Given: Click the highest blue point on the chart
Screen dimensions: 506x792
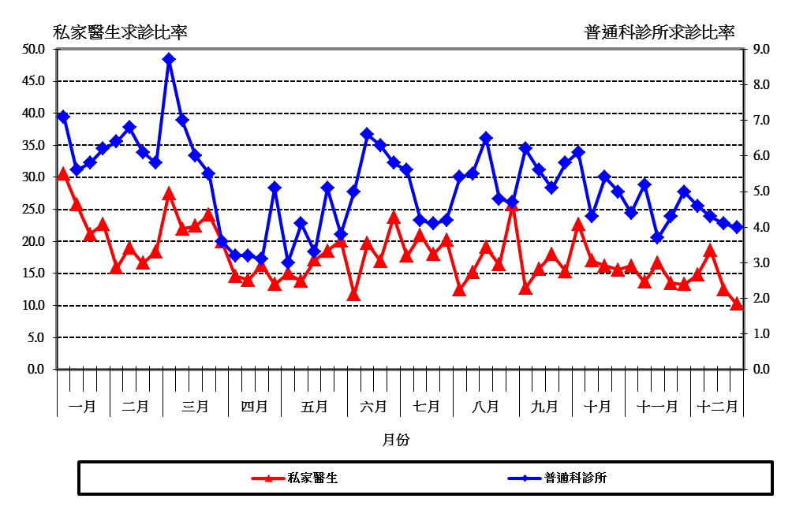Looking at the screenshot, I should coord(169,59).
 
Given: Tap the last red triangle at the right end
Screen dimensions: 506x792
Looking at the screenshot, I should coord(737,303).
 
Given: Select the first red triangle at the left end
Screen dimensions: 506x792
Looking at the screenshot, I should coord(63,174).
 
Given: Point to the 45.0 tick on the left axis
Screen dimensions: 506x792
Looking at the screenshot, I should coord(33,81).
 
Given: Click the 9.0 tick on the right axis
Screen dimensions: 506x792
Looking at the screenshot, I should coord(761,49).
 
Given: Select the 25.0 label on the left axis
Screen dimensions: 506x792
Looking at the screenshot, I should coord(33,209).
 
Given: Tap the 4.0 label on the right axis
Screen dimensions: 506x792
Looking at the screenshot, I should coord(761,227).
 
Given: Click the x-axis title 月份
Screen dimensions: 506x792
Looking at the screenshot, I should coord(396,440).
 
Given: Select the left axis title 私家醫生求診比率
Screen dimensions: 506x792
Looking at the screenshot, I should coord(120,32).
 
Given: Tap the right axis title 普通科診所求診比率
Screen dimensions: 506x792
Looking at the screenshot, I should coord(659,32).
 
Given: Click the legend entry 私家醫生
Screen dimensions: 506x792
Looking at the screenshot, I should coord(312,478).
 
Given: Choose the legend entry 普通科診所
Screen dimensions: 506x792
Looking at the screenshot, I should coord(575,478).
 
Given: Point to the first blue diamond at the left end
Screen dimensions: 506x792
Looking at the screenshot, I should coord(63,117).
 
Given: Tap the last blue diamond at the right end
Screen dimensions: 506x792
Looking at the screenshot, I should coord(737,227).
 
